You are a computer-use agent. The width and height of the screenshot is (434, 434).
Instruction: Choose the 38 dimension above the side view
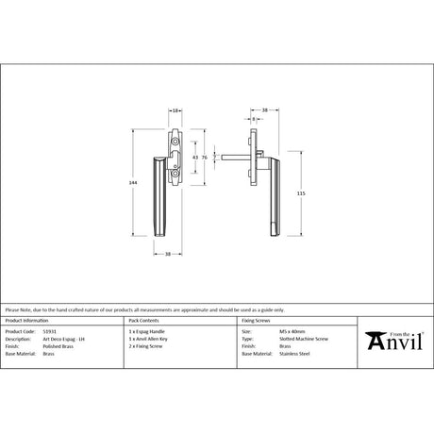tap(265, 111)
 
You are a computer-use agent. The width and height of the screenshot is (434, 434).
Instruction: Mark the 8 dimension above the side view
tap(255, 119)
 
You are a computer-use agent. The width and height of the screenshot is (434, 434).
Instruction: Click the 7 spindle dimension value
tap(217, 156)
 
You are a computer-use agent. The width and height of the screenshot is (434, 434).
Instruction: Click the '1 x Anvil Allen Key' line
tap(148, 339)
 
